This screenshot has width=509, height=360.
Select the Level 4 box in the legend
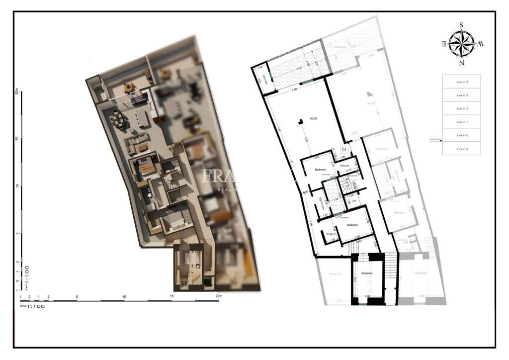click(x=462, y=82)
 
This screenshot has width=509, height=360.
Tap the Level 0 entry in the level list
click(x=462, y=135)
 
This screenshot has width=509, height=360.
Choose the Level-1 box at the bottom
click(x=462, y=149)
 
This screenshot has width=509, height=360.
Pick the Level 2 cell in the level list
click(x=462, y=108)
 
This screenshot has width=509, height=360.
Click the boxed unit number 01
click(x=344, y=148)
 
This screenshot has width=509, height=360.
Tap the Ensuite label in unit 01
click(x=344, y=165)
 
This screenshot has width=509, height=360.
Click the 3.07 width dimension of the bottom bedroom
click(x=368, y=296)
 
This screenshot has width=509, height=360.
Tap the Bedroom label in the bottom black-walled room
click(x=367, y=274)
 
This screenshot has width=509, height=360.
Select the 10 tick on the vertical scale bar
click(x=17, y=186)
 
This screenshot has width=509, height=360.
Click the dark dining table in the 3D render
click(x=119, y=118)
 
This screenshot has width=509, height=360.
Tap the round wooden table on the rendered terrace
click(x=129, y=88)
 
